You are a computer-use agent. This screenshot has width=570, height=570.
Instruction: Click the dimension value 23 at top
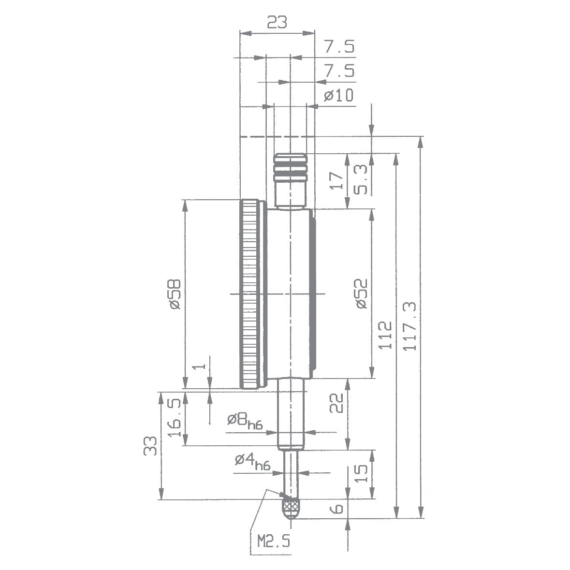[277, 22]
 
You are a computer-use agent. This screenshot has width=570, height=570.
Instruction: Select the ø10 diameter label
[338, 95]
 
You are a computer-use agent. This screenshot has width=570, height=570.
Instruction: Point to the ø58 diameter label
[175, 293]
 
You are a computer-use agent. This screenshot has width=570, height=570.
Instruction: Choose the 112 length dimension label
[385, 335]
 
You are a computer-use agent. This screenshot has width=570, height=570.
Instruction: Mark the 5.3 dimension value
[362, 179]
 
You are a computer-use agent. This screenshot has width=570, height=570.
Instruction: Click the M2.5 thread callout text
[274, 540]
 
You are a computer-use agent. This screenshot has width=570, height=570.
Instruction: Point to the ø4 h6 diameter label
[252, 461]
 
